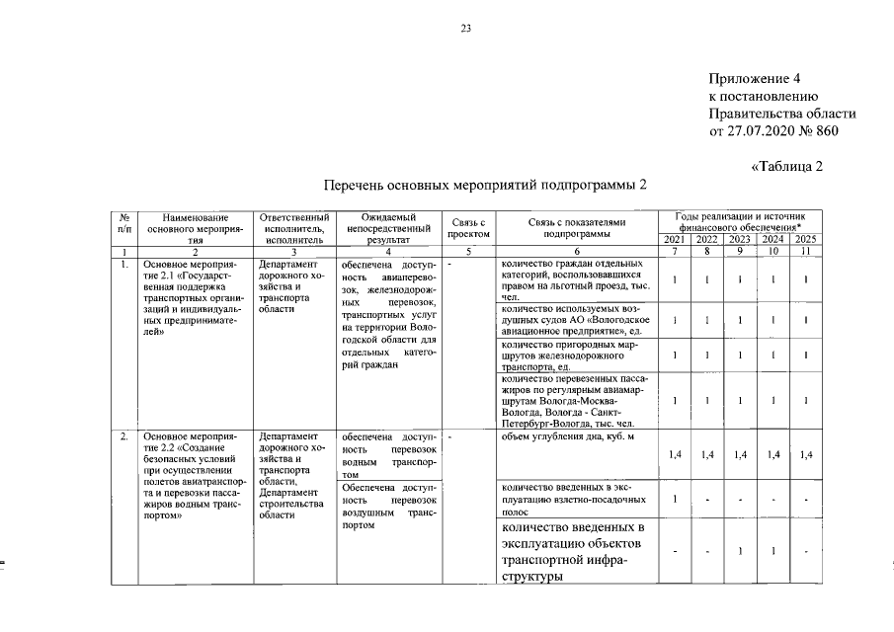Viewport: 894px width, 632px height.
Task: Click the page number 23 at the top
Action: [x=465, y=29]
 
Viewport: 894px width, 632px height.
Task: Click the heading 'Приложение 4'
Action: [x=754, y=78]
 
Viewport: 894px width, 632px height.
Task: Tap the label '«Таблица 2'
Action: [x=786, y=165]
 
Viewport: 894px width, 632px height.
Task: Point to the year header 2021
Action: [x=674, y=240]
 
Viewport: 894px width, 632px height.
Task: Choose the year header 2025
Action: [x=806, y=240]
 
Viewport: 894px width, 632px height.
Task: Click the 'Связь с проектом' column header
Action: [x=468, y=228]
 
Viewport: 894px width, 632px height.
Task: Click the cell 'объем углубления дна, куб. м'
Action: [x=568, y=435]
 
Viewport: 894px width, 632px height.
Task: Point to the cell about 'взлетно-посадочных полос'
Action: [x=573, y=500]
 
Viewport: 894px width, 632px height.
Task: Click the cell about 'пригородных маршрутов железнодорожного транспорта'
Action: [x=573, y=354]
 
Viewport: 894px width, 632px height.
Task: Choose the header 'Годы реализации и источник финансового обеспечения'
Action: [x=740, y=221]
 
